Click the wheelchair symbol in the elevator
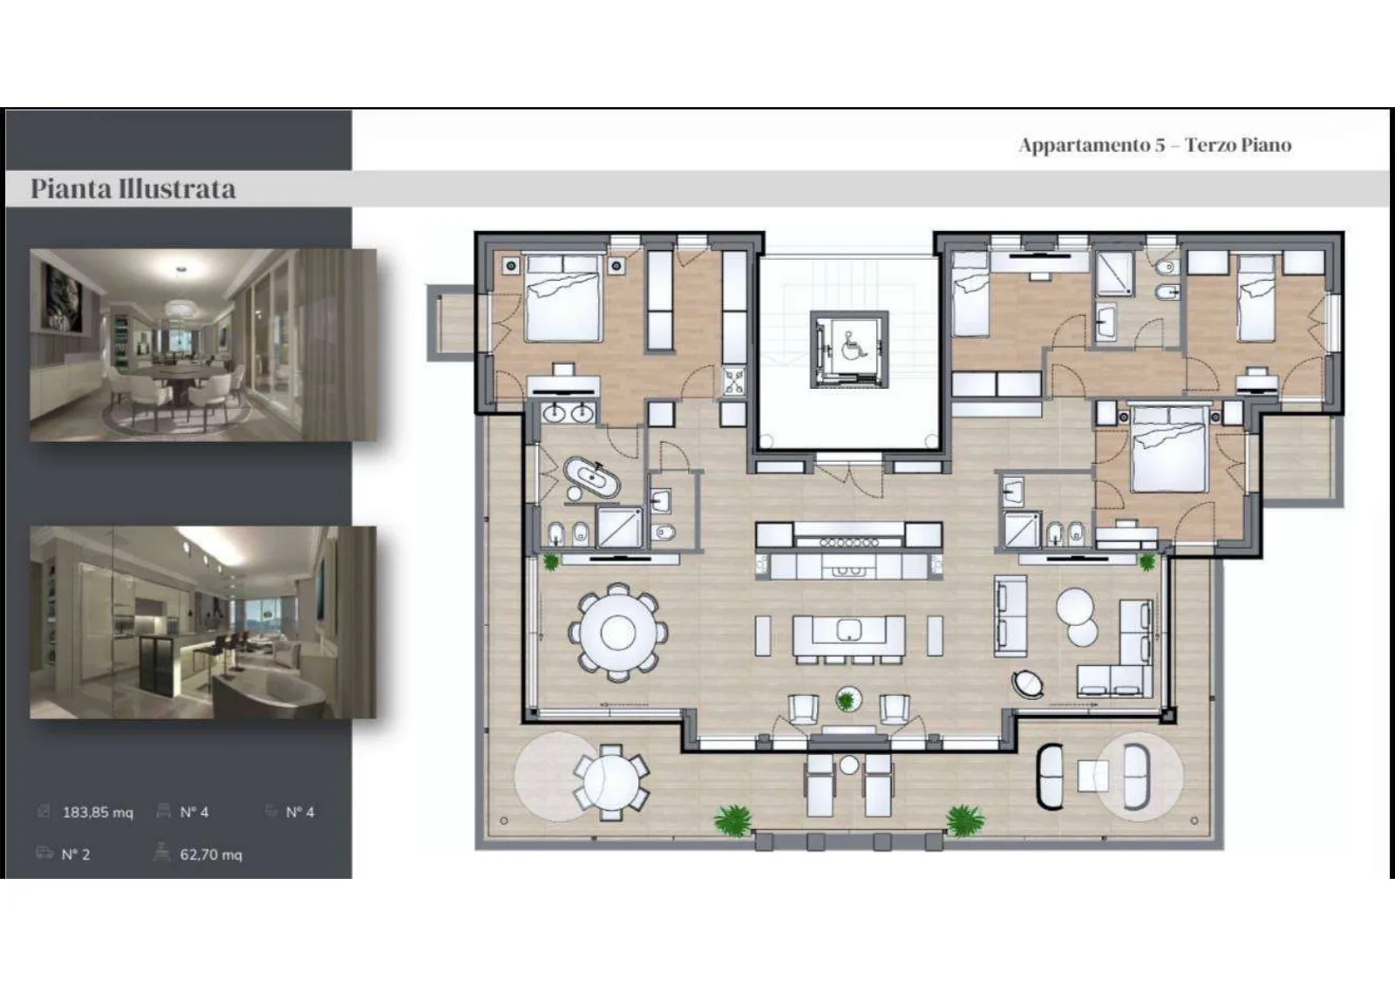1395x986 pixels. tap(851, 346)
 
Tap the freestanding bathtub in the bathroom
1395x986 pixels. tap(592, 479)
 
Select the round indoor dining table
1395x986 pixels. tap(618, 632)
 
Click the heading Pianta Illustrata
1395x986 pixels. tap(133, 188)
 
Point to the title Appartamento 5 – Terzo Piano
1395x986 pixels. tap(1155, 145)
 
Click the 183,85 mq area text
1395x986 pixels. tap(98, 813)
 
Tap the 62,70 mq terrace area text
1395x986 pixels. tap(211, 854)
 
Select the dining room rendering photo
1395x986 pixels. tap(203, 345)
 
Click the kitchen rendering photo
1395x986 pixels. tap(203, 622)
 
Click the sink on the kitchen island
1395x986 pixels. tap(849, 629)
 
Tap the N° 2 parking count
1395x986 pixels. tap(75, 854)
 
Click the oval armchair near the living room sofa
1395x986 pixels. tap(1028, 683)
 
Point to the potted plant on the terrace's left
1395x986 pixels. tap(732, 820)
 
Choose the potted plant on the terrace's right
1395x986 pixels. tap(965, 820)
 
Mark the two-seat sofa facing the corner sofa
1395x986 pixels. tap(1011, 615)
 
